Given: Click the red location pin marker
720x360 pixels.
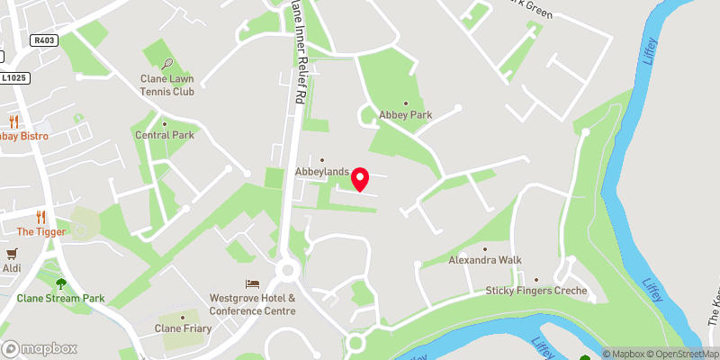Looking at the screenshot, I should click(360, 179).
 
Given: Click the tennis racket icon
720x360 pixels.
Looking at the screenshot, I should click(168, 64).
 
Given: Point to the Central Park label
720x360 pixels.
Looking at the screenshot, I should click(165, 135).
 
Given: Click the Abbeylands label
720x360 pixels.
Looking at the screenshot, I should click(322, 171).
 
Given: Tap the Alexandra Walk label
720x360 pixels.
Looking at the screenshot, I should click(485, 260).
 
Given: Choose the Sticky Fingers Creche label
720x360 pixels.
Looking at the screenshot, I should click(536, 291).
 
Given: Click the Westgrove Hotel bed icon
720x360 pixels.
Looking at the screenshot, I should click(252, 284).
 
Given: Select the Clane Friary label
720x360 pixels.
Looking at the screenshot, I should click(183, 328).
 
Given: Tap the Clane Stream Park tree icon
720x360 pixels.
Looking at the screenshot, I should click(61, 283).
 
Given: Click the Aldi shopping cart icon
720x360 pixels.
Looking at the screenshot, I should click(13, 255).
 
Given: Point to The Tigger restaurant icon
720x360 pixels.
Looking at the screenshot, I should click(40, 216).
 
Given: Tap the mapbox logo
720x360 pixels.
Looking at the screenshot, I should click(40, 348).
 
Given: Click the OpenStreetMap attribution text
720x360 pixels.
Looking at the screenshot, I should click(682, 354).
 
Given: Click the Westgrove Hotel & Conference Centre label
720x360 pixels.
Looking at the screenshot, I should click(252, 305).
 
